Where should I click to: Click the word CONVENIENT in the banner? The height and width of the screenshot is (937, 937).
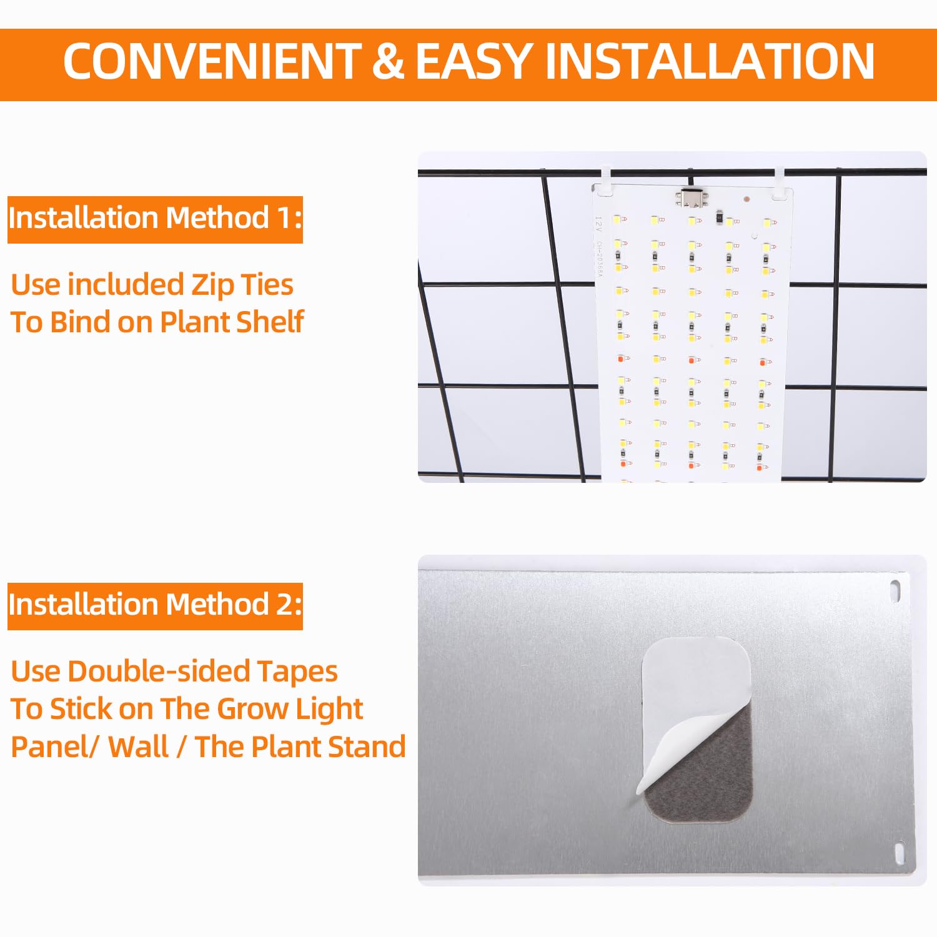click(x=212, y=61)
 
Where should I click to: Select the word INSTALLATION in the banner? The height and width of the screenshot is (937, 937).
click(x=710, y=61)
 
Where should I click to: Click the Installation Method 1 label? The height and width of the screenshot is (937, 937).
click(x=155, y=219)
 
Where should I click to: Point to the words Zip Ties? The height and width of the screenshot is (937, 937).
click(x=242, y=285)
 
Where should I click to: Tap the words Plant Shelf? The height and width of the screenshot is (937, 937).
click(x=232, y=322)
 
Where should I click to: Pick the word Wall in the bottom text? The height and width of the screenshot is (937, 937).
click(x=138, y=746)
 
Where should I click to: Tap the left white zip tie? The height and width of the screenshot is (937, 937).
click(x=607, y=181)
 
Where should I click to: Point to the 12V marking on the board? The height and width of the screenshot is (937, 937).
click(x=598, y=224)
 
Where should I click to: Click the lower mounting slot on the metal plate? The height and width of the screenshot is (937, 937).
click(x=900, y=853)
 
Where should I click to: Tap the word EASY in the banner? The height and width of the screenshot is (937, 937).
click(x=475, y=61)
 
